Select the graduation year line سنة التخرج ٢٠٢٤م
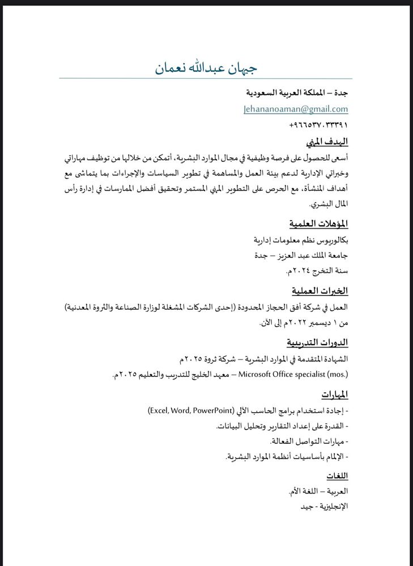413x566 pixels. (317, 272)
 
